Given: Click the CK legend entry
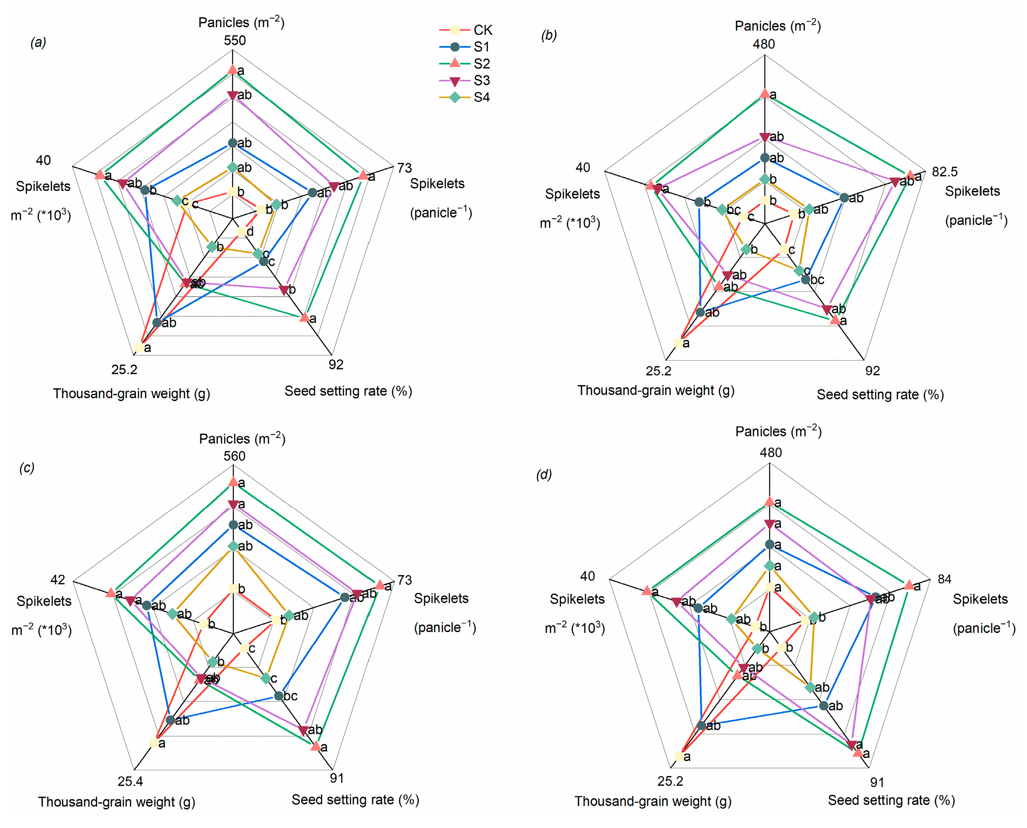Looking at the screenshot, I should click(466, 30).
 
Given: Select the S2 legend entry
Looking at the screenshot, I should click(466, 64).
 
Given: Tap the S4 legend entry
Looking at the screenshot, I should click(466, 97).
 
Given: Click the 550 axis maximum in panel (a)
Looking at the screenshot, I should click(235, 40).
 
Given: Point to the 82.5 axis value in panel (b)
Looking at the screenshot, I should click(944, 172).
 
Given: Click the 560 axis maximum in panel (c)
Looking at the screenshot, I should click(235, 456).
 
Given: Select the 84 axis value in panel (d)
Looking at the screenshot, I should click(944, 579).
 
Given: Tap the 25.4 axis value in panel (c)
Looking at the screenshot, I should click(130, 781).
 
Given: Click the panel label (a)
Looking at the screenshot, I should click(38, 43).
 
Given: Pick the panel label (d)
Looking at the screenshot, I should click(544, 475).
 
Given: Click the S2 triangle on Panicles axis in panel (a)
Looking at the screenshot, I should click(232, 70).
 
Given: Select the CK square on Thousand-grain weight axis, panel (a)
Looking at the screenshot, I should click(139, 347).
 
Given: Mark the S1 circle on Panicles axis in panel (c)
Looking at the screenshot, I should click(233, 524).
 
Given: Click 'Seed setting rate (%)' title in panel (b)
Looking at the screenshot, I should click(880, 395).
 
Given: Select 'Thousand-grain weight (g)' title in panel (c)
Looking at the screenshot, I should click(117, 802).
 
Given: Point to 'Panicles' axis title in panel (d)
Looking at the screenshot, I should click(778, 432).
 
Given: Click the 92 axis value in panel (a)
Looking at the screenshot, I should click(336, 365).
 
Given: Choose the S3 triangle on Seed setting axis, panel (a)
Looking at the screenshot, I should click(284, 289).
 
